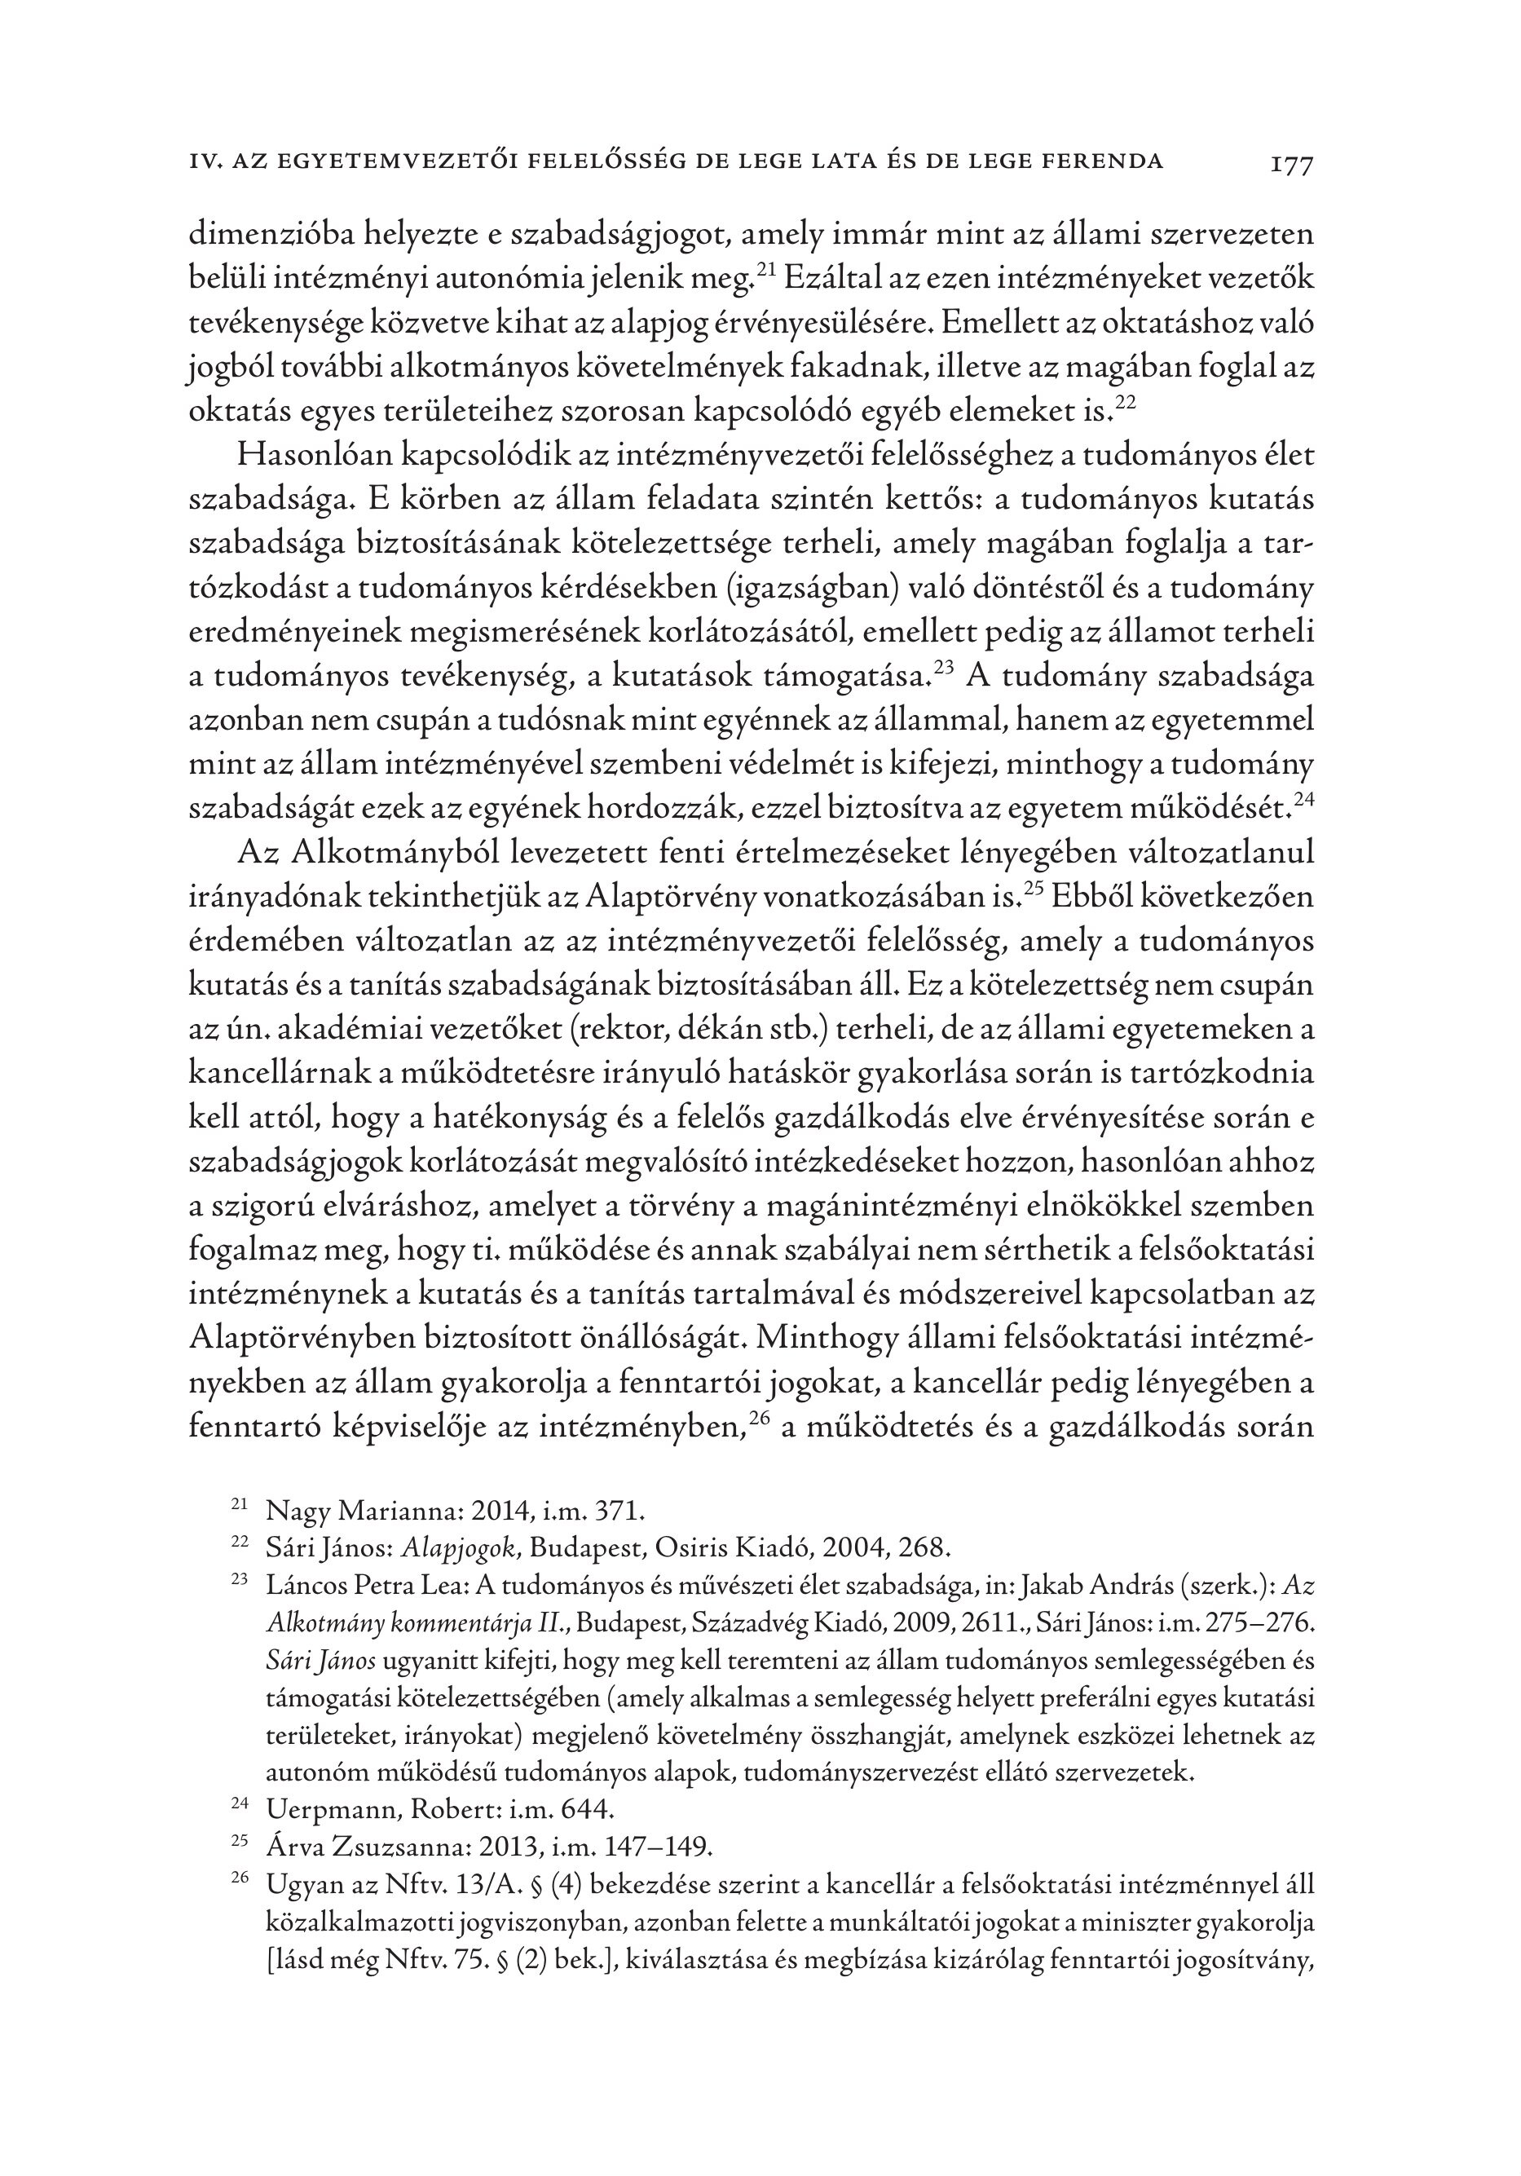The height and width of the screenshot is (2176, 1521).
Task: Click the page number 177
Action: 1290,164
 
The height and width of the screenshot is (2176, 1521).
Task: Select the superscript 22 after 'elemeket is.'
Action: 1124,404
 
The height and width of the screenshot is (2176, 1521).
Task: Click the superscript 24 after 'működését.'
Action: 1303,800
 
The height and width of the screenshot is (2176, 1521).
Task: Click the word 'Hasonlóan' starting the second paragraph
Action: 314,456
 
